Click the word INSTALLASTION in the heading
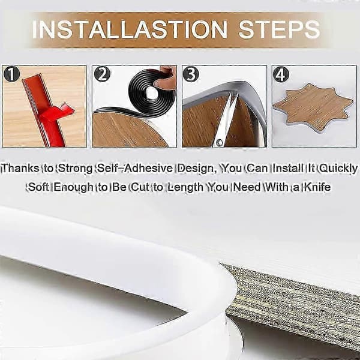click(x=130, y=29)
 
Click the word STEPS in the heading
click(x=279, y=29)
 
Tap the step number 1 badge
click(x=11, y=74)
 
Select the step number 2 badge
click(x=102, y=74)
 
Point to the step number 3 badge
click(x=191, y=74)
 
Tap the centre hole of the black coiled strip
click(x=151, y=93)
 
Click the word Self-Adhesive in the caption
click(x=135, y=168)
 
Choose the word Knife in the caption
click(x=317, y=187)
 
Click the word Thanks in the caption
click(x=20, y=168)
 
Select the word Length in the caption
click(x=185, y=187)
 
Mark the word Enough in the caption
click(x=73, y=187)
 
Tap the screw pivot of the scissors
click(x=219, y=142)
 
